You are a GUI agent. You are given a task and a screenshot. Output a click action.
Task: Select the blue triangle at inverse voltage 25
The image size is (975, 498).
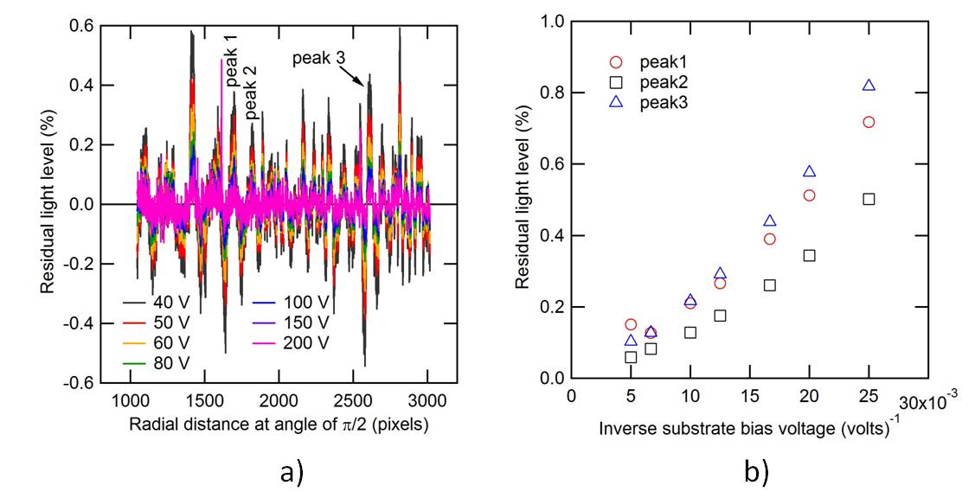click(x=869, y=85)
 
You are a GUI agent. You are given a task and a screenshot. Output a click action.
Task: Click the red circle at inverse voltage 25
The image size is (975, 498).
click(x=869, y=122)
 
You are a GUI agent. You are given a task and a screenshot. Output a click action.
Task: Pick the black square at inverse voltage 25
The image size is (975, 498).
click(x=869, y=199)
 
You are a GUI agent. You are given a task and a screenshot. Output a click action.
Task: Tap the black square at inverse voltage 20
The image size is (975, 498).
click(x=809, y=255)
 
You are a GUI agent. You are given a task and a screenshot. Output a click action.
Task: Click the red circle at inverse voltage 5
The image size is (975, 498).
click(x=631, y=324)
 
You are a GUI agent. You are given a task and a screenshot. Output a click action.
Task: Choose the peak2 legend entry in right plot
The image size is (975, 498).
click(x=653, y=82)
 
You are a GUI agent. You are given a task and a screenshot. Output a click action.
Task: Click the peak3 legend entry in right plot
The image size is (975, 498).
click(x=653, y=102)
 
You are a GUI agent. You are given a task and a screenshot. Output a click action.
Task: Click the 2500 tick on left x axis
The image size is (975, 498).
click(x=353, y=402)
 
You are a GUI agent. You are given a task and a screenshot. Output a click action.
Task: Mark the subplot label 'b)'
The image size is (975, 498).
click(x=753, y=471)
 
